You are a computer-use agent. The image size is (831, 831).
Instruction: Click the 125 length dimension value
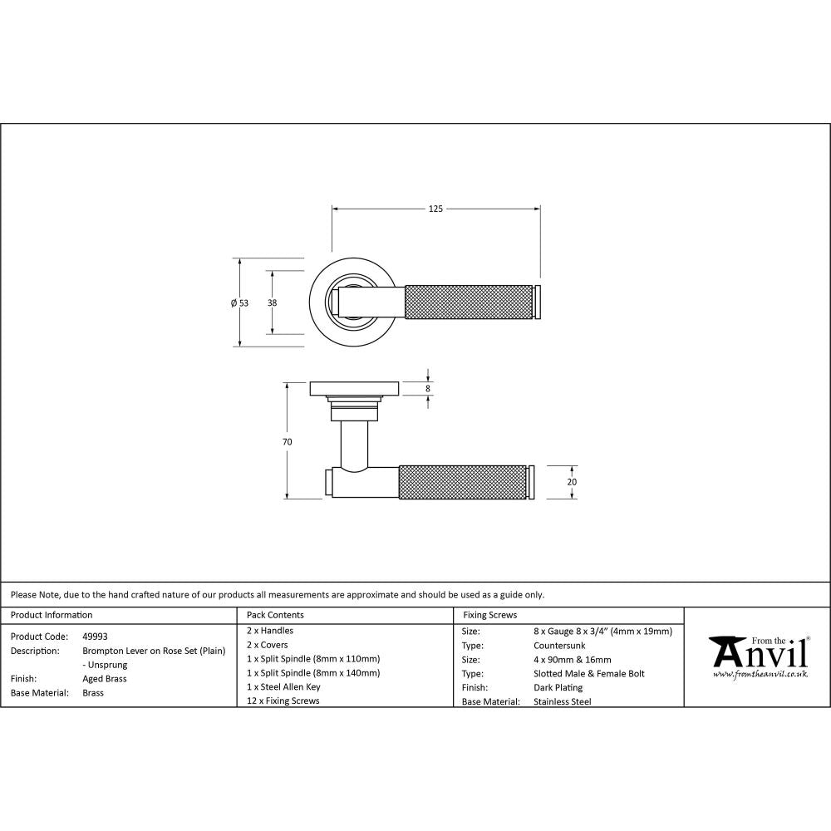coord(435,209)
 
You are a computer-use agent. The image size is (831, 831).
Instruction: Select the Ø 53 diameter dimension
coord(239,303)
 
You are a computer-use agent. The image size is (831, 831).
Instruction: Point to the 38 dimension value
coord(272,303)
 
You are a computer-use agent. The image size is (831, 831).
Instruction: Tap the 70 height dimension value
coord(288,442)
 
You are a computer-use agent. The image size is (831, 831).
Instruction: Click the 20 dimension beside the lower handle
coord(572,482)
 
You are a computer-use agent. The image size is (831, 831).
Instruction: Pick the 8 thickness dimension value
coord(428,389)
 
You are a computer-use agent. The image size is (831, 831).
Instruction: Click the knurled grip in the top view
coord(469,302)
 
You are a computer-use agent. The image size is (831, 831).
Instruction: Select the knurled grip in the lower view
coord(462,482)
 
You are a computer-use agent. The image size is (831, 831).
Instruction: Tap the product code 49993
coord(95,637)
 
